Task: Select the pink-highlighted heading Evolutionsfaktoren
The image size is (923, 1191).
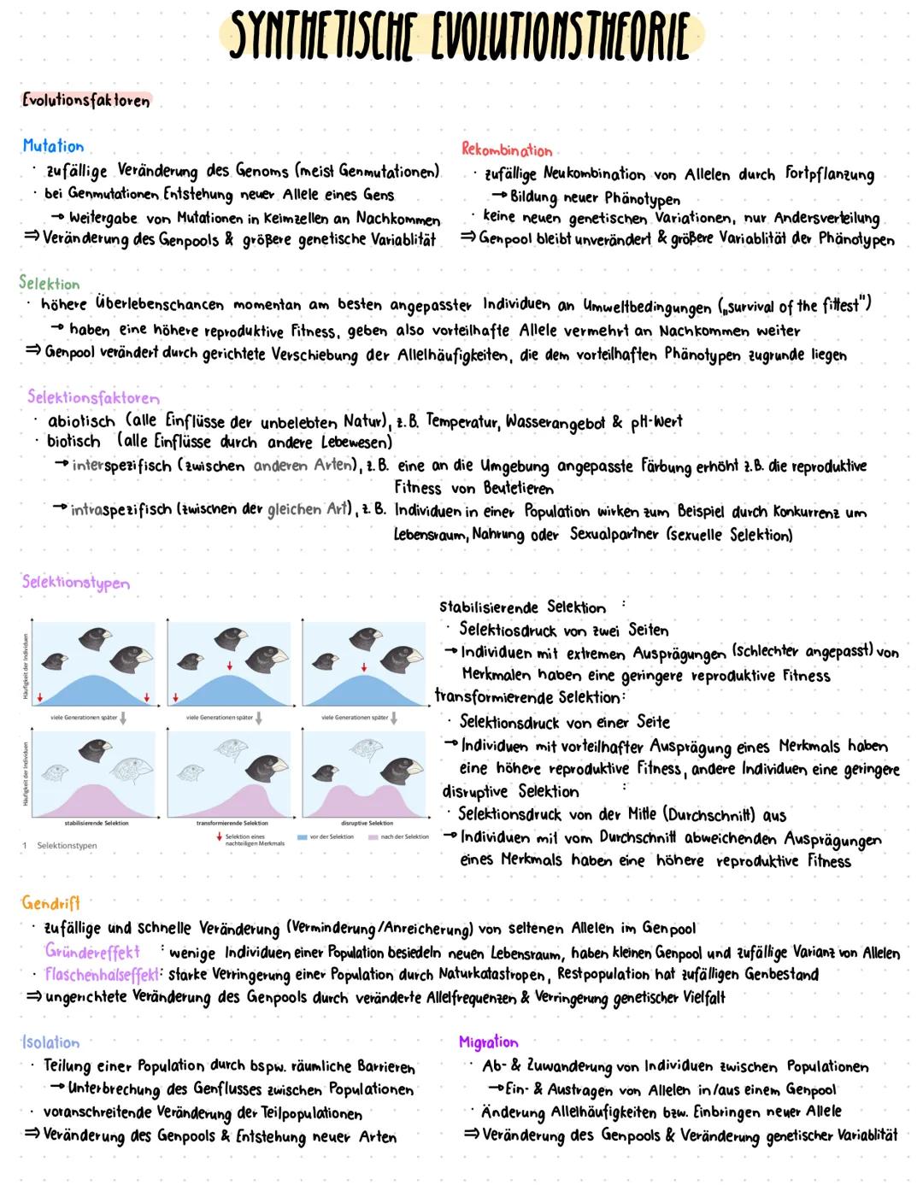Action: click(85, 100)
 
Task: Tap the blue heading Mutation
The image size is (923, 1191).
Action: click(53, 146)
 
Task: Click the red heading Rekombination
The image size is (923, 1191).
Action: click(507, 150)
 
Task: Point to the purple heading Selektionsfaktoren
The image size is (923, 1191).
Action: click(93, 397)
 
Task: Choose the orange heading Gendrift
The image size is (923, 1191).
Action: click(50, 903)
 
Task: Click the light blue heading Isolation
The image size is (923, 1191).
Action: click(50, 1042)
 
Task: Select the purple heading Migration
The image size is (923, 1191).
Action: click(489, 1041)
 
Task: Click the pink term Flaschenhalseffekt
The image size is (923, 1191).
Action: click(102, 974)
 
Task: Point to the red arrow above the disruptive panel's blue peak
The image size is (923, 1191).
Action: click(364, 667)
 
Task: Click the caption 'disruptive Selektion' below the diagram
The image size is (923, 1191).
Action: click(367, 824)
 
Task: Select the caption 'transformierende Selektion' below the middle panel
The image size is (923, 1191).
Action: click(232, 824)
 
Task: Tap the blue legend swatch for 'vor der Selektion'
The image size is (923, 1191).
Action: click(302, 837)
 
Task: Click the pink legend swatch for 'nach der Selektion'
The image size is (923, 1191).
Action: click(373, 837)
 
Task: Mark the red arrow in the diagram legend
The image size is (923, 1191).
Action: click(220, 837)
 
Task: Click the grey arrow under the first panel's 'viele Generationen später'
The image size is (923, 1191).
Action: click(123, 719)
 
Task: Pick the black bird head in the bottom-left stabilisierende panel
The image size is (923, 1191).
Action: click(95, 752)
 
